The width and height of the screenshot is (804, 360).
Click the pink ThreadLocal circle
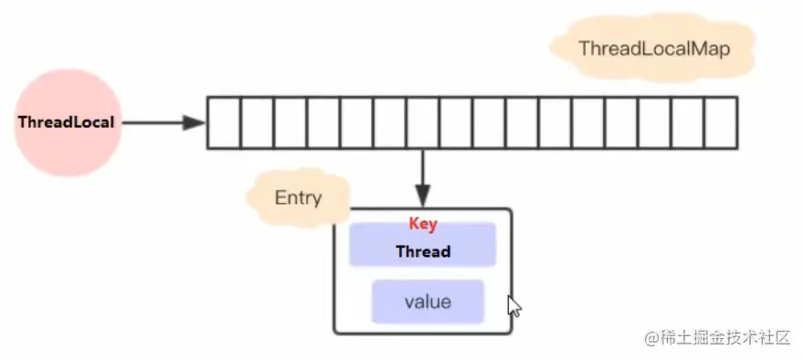(68, 122)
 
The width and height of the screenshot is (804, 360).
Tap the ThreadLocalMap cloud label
(653, 48)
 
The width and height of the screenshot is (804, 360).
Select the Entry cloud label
(299, 198)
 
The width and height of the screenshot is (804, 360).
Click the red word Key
(423, 224)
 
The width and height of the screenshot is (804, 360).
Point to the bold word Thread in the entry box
(423, 251)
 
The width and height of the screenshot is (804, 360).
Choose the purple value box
(428, 302)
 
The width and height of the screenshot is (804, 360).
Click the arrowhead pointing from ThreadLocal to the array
(194, 123)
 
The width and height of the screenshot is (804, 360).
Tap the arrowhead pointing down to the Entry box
(422, 197)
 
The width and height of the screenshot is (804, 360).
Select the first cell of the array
(224, 123)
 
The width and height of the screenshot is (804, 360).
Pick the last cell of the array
(722, 123)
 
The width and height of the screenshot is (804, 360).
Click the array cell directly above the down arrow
(423, 123)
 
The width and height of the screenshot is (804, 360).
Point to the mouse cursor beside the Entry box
(514, 306)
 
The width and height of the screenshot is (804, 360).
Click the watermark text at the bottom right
(718, 338)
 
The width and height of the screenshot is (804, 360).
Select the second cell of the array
(257, 123)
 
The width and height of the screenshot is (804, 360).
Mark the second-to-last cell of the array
(688, 123)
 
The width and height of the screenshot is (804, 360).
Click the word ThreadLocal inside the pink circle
(66, 122)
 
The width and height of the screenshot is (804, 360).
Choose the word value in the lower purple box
(428, 302)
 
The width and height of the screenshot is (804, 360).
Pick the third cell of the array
(291, 123)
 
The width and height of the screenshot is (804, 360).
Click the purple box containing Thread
(422, 244)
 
